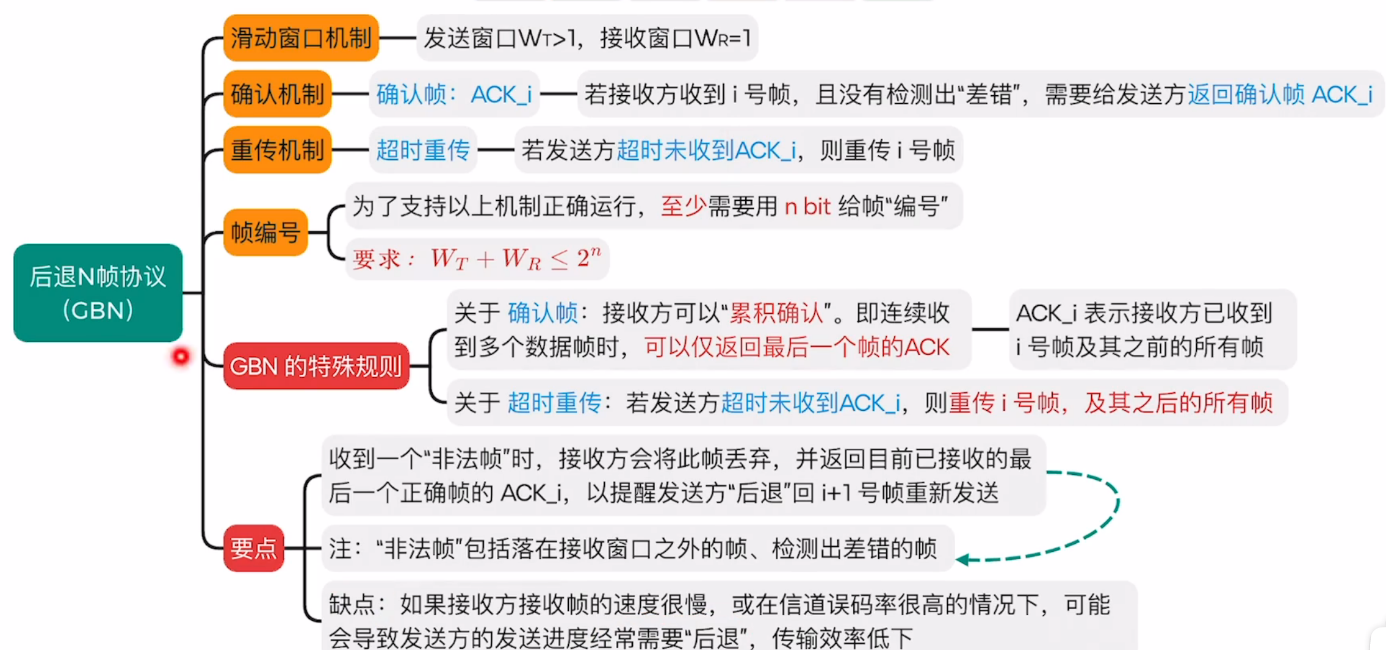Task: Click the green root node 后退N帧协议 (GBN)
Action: point(98,293)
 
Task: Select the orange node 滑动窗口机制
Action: point(301,38)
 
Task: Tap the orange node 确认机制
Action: point(277,94)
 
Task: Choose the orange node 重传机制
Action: point(277,150)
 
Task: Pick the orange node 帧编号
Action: point(265,233)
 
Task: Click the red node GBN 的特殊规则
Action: point(316,366)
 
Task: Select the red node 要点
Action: point(253,548)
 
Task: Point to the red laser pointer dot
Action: point(181,356)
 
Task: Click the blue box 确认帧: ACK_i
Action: point(453,95)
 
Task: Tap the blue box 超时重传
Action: point(422,150)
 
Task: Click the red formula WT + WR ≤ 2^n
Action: point(516,259)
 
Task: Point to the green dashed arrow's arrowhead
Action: point(962,559)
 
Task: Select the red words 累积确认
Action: point(776,313)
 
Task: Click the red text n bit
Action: point(807,207)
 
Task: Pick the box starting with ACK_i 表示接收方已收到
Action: point(1152,330)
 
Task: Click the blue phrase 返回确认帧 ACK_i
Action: point(1279,95)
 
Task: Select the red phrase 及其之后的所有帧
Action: point(1178,403)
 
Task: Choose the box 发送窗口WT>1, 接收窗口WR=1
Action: point(587,38)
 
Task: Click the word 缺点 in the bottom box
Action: point(352,605)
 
